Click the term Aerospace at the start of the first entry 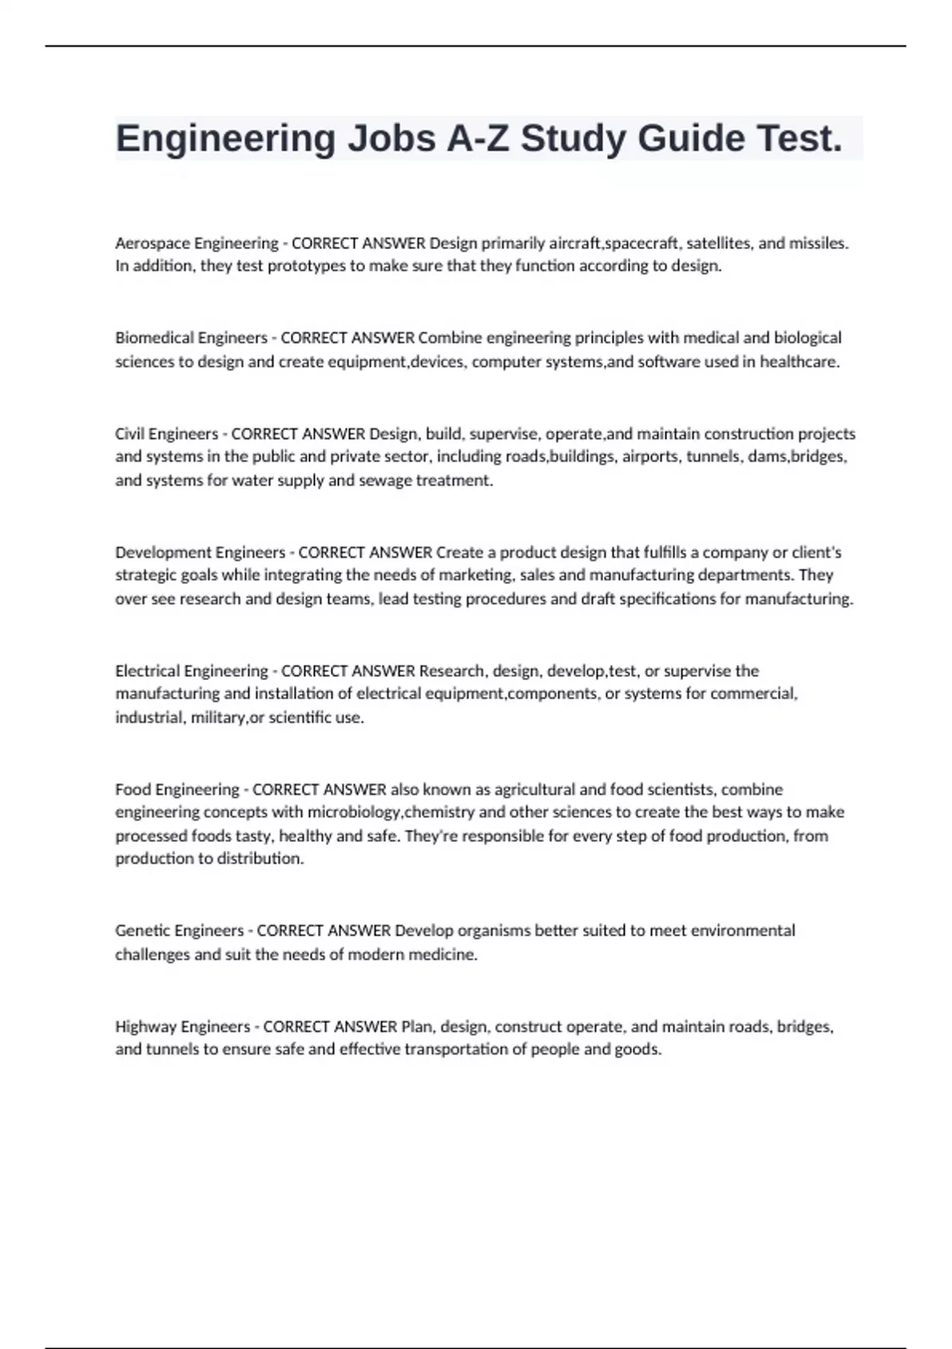152,243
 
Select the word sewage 386,480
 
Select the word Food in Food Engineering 132,790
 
